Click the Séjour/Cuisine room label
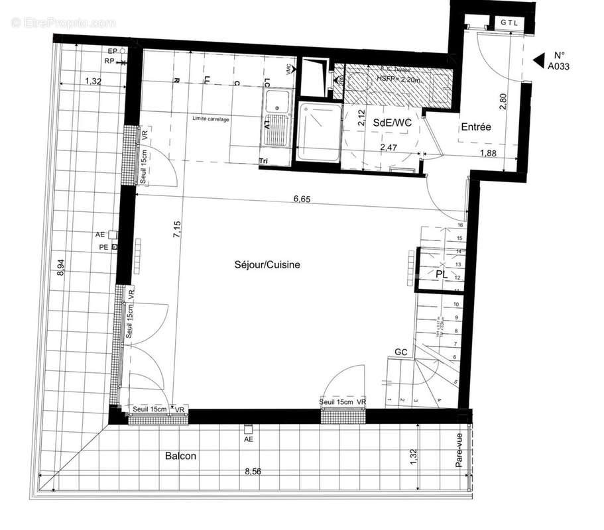pos(267,264)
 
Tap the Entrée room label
pos(476,127)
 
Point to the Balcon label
pos(180,456)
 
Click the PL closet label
pos(442,273)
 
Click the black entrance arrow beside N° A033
pos(538,60)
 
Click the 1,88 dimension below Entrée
pos(489,154)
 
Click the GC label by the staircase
pos(400,351)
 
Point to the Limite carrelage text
pos(211,119)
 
